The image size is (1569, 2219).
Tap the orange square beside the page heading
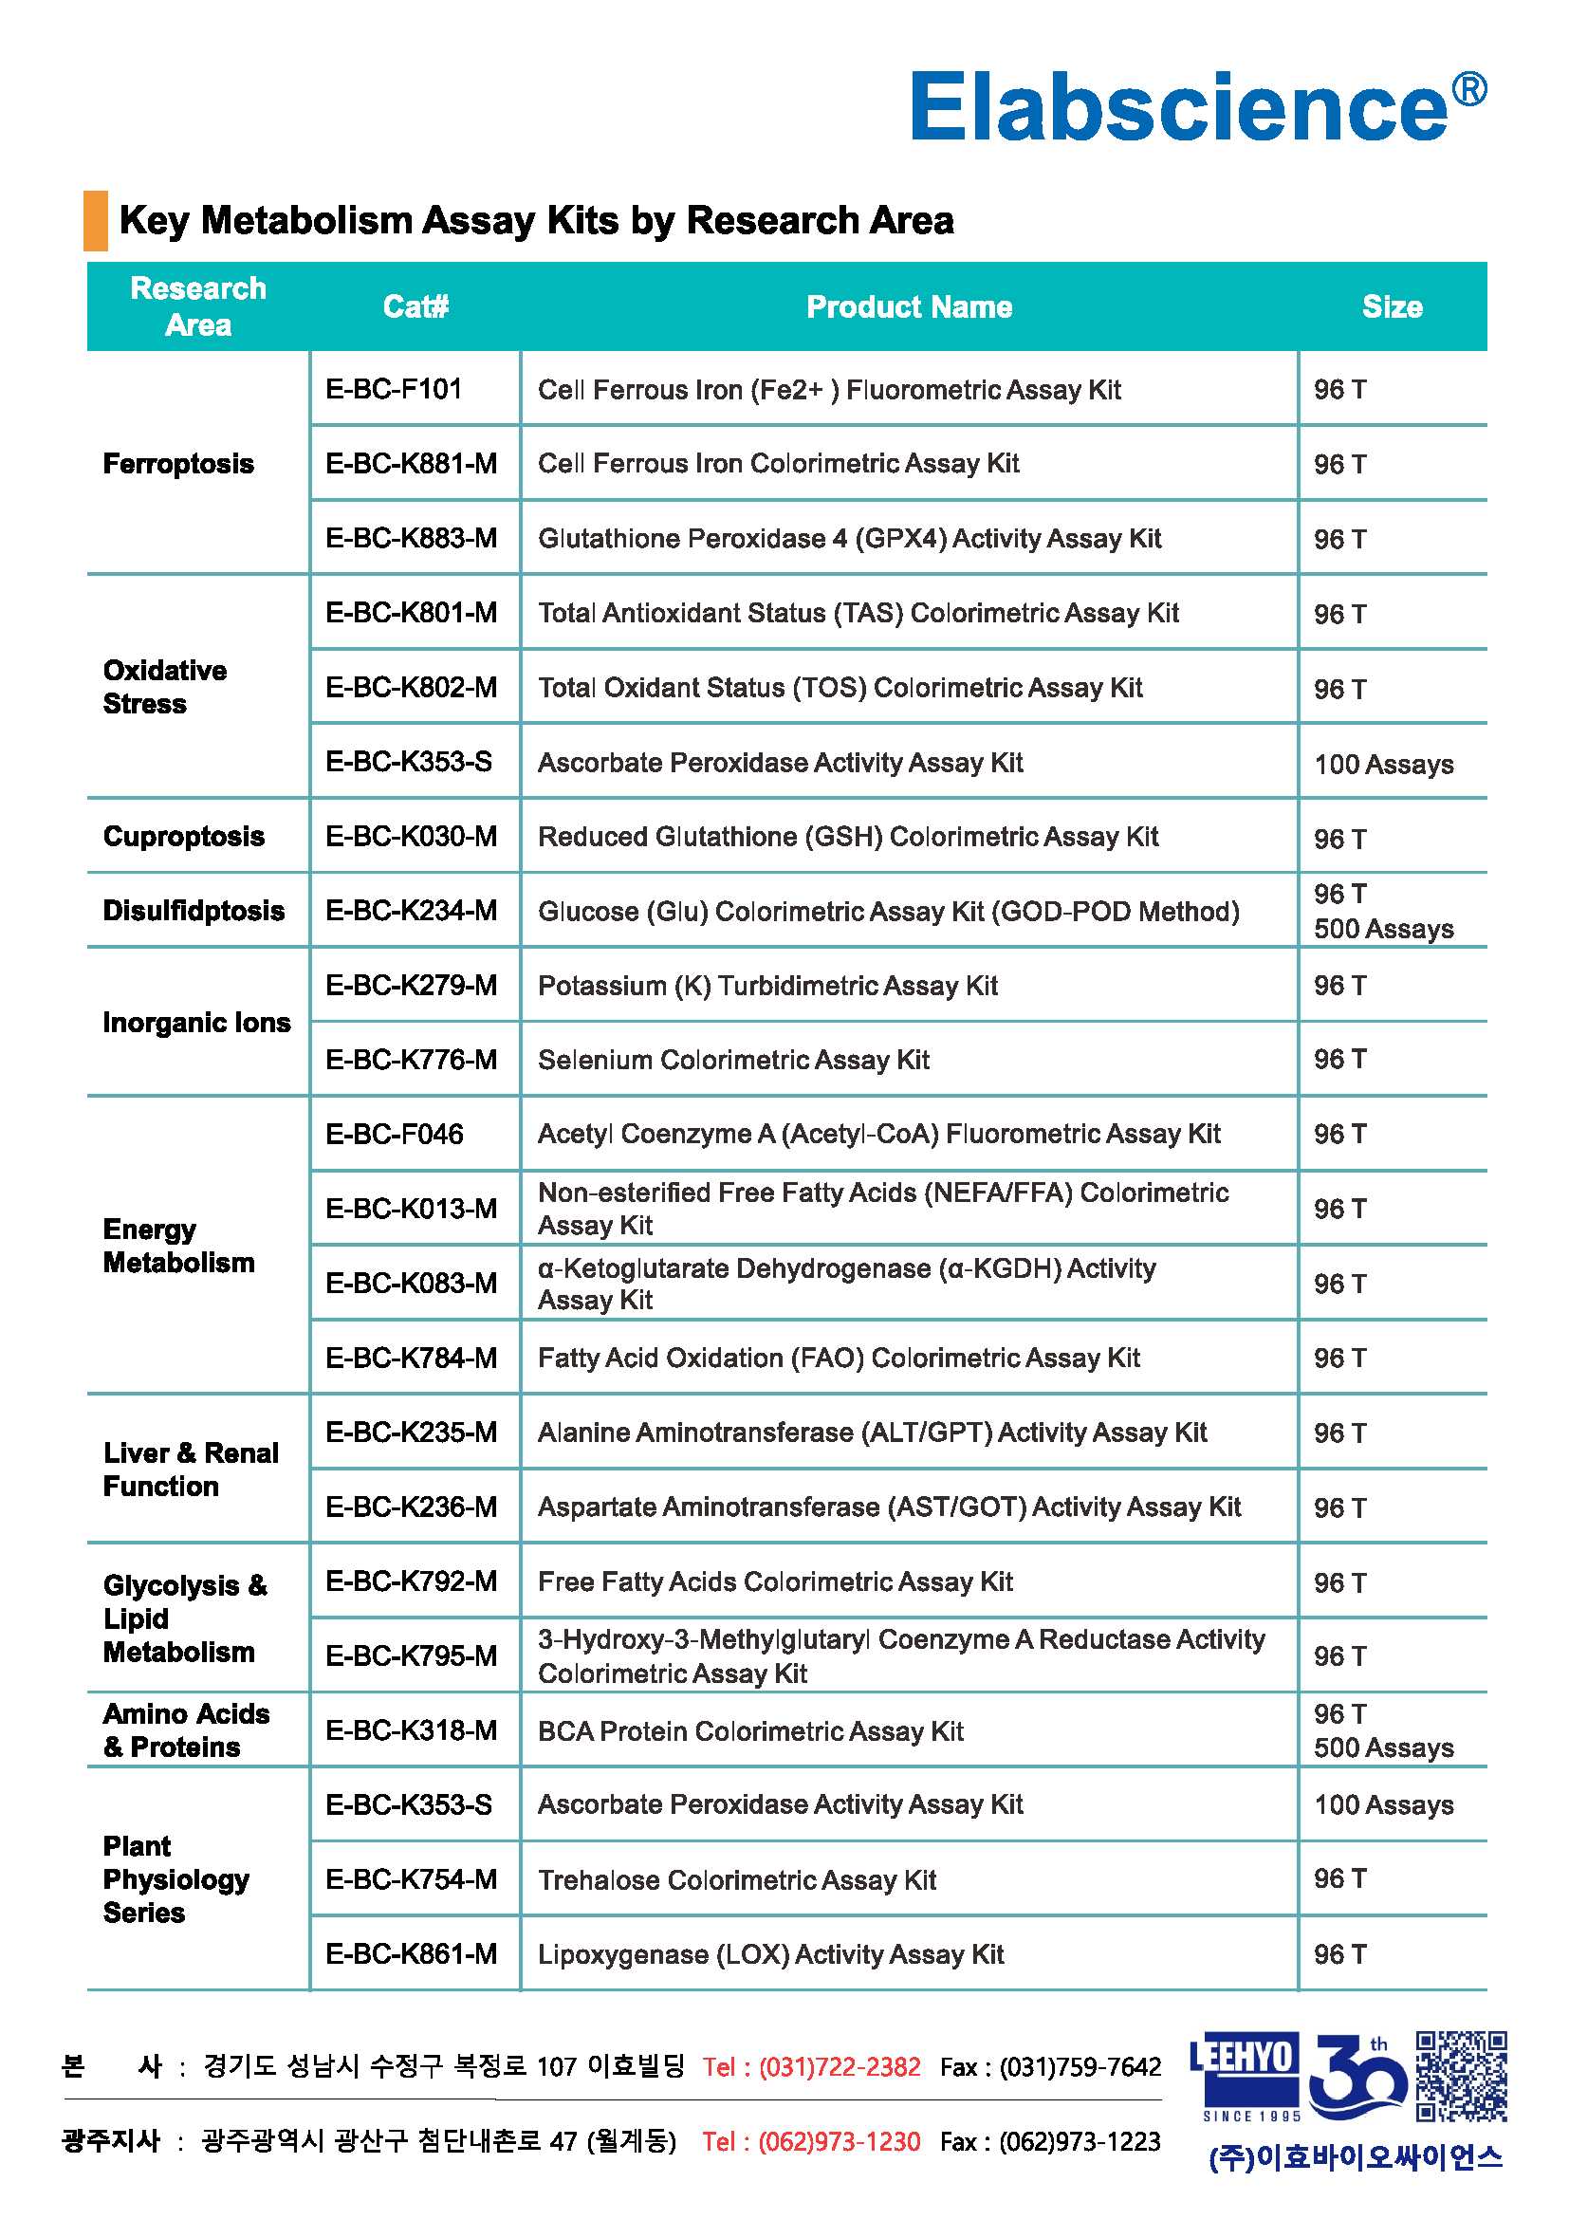click(x=96, y=220)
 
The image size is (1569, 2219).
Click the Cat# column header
click(x=415, y=306)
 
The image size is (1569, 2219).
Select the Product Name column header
click(x=908, y=306)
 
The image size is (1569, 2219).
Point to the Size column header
click(x=1392, y=306)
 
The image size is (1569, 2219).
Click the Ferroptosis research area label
click(x=178, y=464)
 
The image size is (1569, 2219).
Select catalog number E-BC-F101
click(x=395, y=390)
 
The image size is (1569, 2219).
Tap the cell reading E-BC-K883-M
click(x=412, y=538)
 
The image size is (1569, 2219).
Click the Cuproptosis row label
click(x=184, y=836)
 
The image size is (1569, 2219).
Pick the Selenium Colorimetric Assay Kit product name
click(x=733, y=1061)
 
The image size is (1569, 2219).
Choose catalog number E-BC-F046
click(x=395, y=1135)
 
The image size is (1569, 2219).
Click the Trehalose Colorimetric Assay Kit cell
click(x=737, y=1879)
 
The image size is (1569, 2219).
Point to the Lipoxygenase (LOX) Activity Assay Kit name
click(x=771, y=1954)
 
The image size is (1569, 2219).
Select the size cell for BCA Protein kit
click(x=1383, y=1731)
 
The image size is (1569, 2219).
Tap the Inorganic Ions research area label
click(x=196, y=1023)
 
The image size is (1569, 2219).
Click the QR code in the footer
click(x=1461, y=2076)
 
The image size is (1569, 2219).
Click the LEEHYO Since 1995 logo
click(x=1244, y=2076)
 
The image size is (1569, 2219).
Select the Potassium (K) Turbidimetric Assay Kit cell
click(x=767, y=986)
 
